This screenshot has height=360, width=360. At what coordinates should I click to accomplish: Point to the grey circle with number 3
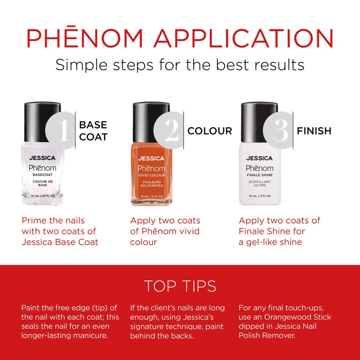pyautogui.click(x=277, y=131)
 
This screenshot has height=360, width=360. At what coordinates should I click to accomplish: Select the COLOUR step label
pyautogui.click(x=210, y=131)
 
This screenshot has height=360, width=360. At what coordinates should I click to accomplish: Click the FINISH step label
pyautogui.click(x=314, y=131)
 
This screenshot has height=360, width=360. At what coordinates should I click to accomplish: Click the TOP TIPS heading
pyautogui.click(x=180, y=286)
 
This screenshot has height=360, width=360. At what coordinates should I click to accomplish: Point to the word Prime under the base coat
pyautogui.click(x=34, y=221)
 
